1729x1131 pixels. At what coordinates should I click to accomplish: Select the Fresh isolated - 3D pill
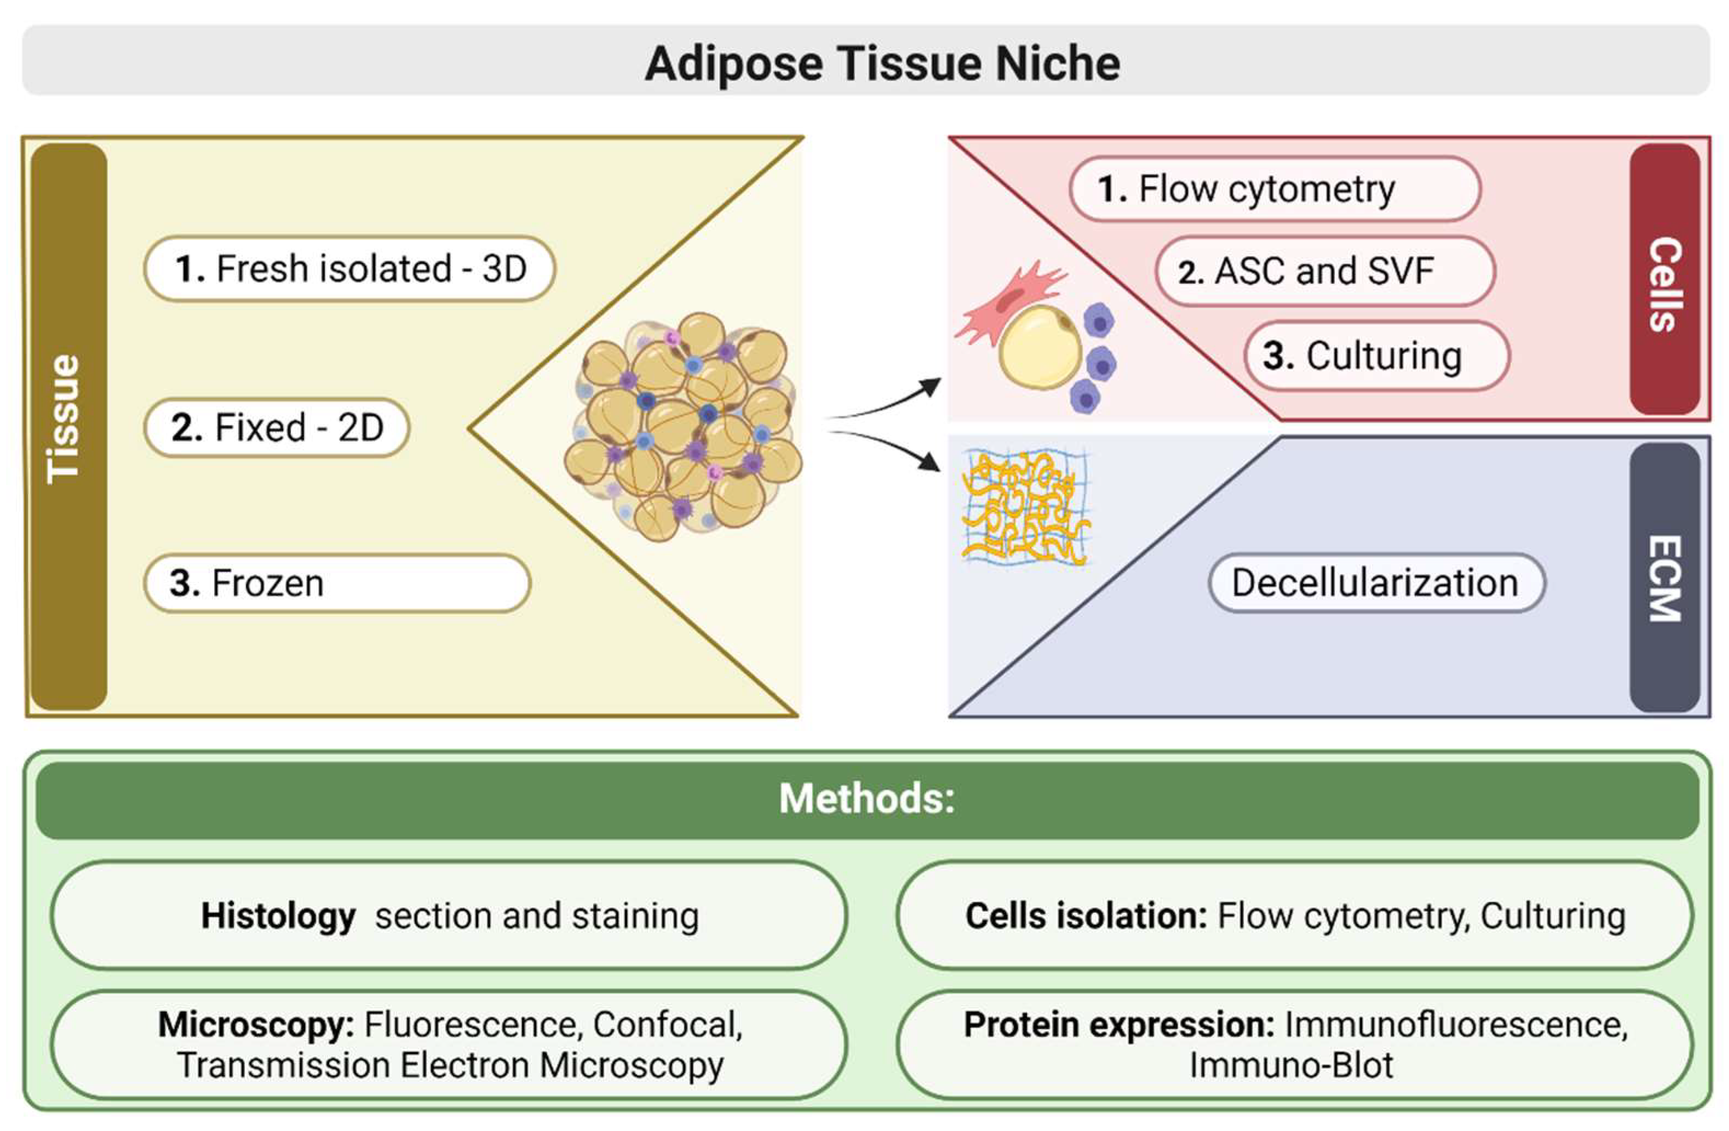coord(349,268)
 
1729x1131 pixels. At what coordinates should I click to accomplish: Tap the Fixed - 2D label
coord(277,427)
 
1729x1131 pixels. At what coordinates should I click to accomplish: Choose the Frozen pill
coord(337,583)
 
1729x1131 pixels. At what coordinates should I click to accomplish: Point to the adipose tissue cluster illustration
coord(683,427)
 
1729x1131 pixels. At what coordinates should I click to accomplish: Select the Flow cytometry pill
coord(1275,189)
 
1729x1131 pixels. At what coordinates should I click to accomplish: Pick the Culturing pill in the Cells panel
coord(1377,356)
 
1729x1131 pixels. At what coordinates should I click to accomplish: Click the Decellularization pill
coord(1376,583)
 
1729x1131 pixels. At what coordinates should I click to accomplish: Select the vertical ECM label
coord(1665,579)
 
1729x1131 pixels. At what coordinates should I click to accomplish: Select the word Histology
coord(278,916)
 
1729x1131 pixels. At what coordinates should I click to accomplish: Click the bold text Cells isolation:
coord(1086,916)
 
